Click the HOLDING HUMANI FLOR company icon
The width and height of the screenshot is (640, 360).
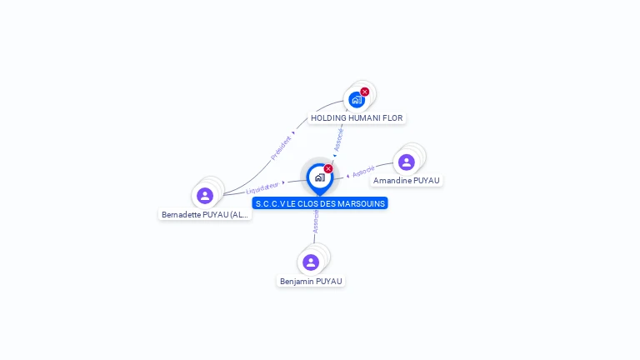357,100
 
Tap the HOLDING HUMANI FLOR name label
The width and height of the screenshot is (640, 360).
357,118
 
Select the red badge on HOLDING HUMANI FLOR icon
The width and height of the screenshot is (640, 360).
365,92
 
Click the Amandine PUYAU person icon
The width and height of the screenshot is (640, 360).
406,162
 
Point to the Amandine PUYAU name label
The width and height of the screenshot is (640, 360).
406,181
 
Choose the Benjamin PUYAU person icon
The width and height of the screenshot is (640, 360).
311,262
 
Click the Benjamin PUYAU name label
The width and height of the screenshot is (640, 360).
311,282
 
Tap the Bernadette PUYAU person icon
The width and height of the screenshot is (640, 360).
205,196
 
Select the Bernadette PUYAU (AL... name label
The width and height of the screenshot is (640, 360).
205,215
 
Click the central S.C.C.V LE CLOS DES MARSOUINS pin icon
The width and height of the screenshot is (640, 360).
319,177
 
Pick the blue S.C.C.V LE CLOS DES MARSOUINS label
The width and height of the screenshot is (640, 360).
320,203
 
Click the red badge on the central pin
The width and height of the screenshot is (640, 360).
328,168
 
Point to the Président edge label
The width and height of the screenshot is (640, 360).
282,147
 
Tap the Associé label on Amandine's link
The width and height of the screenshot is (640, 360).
363,172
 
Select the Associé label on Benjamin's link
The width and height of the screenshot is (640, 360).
316,221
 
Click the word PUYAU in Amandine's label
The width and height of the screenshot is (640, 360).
425,181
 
